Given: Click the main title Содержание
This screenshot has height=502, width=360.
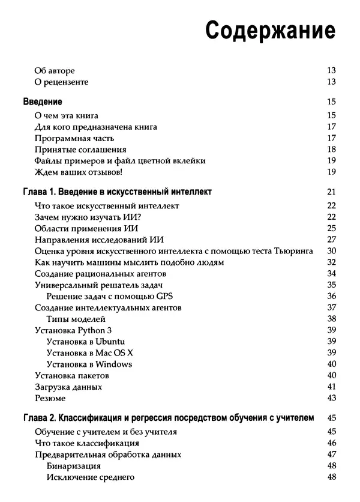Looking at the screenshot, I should [270, 30].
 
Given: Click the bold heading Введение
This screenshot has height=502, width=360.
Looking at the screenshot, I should [42, 102].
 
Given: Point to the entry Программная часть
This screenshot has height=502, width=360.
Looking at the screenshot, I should [74, 138].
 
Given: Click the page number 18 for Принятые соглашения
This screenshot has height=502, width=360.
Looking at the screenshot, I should [331, 150].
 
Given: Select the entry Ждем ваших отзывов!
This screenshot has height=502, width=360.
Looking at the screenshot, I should [79, 172].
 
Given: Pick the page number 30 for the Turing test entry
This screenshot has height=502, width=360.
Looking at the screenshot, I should [331, 251].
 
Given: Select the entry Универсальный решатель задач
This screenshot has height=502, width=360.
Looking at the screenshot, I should [100, 285].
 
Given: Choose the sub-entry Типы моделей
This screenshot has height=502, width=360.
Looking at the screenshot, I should [76, 319].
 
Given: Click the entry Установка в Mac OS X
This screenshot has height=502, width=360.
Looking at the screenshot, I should [89, 352].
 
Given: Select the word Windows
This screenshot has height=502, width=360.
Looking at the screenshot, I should [113, 364].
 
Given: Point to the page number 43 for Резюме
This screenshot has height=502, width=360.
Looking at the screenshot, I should [331, 398].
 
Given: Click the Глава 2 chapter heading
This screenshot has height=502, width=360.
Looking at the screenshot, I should [168, 419].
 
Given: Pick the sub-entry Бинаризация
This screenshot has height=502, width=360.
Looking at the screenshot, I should [73, 466].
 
